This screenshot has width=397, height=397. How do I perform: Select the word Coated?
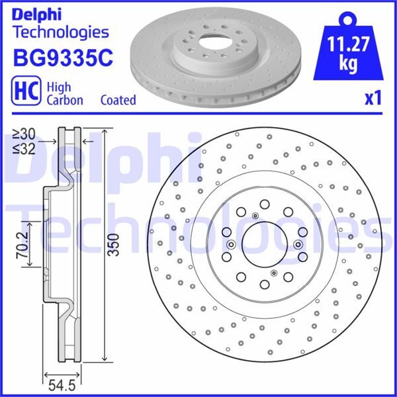point(118,100)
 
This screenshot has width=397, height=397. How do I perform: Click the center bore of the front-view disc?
point(263,244)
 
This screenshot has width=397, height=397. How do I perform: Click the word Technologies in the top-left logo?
point(60,31)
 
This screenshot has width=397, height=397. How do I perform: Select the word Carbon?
point(64,101)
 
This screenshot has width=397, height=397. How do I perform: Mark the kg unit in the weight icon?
point(348,64)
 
